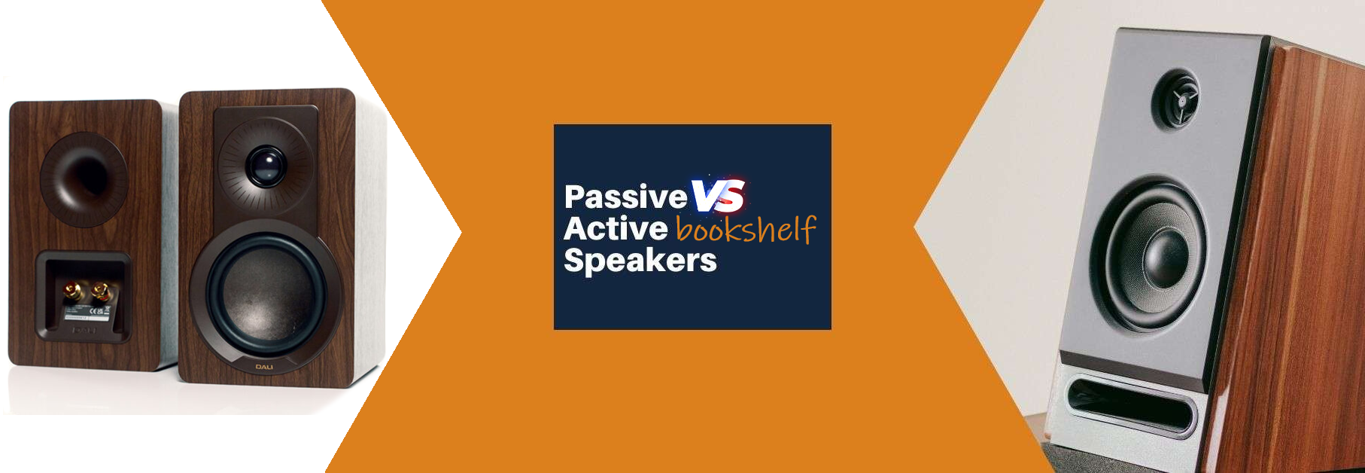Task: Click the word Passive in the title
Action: pyautogui.click(x=625, y=197)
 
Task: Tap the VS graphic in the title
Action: pyautogui.click(x=718, y=196)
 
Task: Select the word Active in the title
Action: pyautogui.click(x=616, y=229)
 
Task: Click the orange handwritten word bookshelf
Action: pyautogui.click(x=745, y=229)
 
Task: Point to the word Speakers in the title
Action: pyautogui.click(x=640, y=261)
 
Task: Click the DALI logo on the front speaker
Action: pyautogui.click(x=264, y=367)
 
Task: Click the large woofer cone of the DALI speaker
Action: pyautogui.click(x=265, y=294)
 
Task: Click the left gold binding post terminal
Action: pyautogui.click(x=72, y=289)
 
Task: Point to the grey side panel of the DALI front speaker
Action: pyautogui.click(x=369, y=241)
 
